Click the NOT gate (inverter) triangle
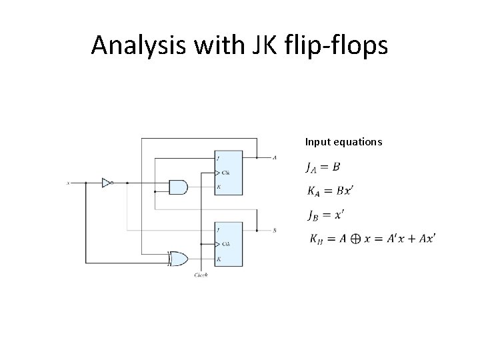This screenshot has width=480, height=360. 106,182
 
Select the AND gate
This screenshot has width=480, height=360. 179,187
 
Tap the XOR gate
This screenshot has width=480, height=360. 179,258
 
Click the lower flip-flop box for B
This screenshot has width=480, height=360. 228,244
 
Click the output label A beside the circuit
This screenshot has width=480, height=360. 275,158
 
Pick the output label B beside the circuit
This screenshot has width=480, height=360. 275,230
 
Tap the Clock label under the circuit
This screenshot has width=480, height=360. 201,274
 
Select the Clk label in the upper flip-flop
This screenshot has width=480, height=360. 226,173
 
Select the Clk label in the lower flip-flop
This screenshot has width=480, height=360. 226,244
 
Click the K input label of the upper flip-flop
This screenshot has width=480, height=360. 219,187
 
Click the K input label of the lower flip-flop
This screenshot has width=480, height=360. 219,258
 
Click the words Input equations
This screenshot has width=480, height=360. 343,141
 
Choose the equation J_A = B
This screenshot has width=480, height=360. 323,167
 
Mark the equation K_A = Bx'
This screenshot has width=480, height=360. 330,191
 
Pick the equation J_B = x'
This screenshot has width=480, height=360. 325,215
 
